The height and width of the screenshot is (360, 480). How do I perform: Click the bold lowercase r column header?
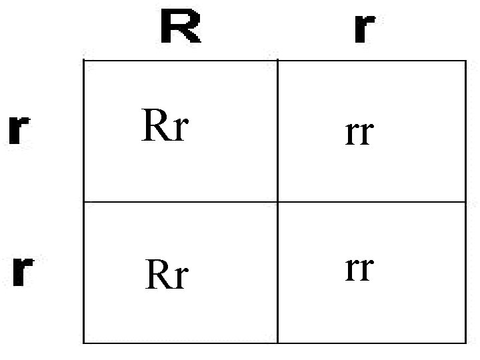point(363,28)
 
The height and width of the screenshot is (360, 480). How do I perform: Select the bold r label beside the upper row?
point(19,131)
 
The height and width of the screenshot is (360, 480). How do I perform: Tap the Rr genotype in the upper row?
point(165,127)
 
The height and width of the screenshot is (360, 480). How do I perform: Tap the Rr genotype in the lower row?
point(167,275)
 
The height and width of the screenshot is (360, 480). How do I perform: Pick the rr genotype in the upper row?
point(359,133)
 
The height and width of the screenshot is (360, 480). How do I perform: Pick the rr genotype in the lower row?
point(359,269)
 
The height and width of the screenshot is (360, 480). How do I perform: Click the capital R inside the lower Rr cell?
point(159,274)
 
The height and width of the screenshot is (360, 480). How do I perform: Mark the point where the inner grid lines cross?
point(277,202)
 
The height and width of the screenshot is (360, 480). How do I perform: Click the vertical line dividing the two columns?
point(277,133)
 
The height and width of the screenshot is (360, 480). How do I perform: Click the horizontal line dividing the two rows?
point(180,202)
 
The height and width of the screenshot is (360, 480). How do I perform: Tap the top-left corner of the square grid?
point(83,60)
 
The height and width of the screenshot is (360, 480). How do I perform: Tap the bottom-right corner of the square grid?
point(465,343)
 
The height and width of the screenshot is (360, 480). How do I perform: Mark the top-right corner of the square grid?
point(465,60)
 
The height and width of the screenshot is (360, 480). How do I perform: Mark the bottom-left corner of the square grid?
point(83,343)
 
